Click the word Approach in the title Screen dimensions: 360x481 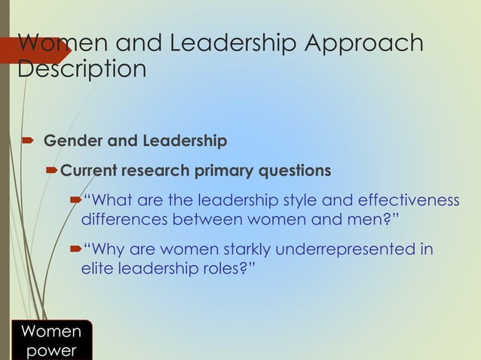point(363,44)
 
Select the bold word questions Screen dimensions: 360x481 point(295,171)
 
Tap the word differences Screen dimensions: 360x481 point(124,220)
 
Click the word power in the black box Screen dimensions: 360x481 point(51,351)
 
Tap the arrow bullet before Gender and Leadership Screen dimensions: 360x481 point(26,141)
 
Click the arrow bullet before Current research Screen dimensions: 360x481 point(51,171)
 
